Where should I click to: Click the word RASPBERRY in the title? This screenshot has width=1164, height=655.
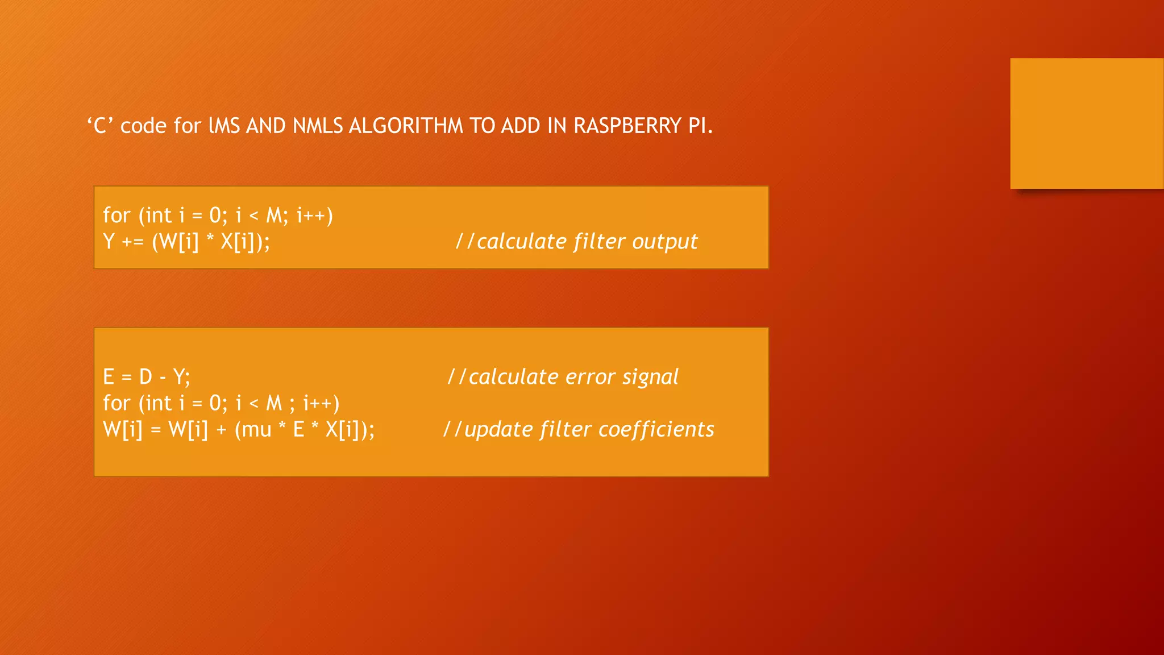(627, 126)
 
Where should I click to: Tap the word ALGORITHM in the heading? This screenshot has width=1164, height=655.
(405, 126)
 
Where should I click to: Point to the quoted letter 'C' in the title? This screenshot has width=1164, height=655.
(100, 126)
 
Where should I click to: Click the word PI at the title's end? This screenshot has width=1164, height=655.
(697, 126)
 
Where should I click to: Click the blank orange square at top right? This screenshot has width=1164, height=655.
(1087, 123)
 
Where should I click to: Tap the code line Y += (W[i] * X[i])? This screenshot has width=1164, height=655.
(186, 242)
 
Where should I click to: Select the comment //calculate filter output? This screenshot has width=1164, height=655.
(576, 242)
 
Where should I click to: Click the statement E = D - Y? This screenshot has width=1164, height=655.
(147, 377)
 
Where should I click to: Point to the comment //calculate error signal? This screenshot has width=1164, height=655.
(563, 377)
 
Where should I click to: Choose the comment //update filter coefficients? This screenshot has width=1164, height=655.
(579, 429)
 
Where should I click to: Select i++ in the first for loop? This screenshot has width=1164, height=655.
(311, 216)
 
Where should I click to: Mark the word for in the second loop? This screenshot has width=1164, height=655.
(117, 403)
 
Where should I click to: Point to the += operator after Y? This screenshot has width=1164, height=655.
(133, 242)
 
